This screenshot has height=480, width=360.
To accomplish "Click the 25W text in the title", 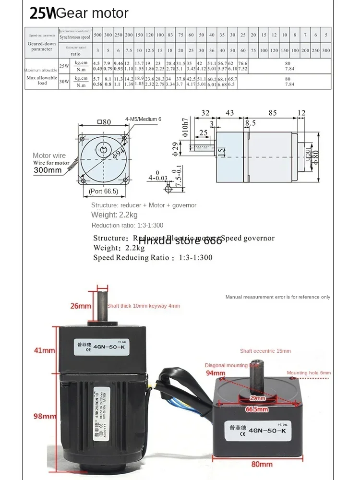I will [x=42, y=13].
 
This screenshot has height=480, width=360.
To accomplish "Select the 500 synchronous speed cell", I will [x=97, y=36].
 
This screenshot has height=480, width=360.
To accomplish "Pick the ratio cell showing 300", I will [x=326, y=50].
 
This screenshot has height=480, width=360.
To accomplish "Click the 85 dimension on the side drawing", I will [x=272, y=113].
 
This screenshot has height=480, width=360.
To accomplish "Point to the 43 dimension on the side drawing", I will [x=229, y=113].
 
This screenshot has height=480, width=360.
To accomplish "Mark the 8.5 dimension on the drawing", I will [x=250, y=123].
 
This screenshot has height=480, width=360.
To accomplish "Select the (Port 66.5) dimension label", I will [x=103, y=191].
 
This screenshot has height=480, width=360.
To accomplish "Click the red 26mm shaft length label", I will [x=81, y=306].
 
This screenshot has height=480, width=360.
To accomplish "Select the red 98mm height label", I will [x=45, y=416].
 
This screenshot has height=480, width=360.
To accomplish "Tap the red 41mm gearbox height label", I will [x=45, y=350].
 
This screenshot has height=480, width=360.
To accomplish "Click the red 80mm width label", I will [x=262, y=464].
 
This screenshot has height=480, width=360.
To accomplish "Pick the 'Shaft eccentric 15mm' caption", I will [x=265, y=351].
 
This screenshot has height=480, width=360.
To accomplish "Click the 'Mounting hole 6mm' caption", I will [x=309, y=373].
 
